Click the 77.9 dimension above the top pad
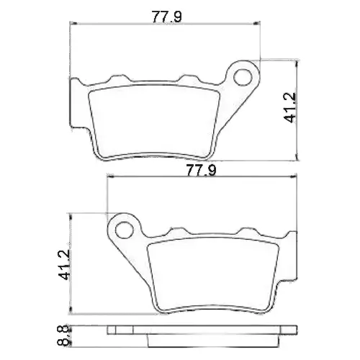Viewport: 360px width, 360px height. pos(167,17)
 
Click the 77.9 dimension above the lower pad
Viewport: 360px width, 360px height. pos(201,170)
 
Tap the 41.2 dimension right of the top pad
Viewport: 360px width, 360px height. pos(290,108)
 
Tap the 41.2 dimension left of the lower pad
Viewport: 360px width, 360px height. pos(64,264)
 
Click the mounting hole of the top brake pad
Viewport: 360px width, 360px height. pos(243,77)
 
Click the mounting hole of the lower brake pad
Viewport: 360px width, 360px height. pos(124,230)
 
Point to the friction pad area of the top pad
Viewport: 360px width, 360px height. pos(154,122)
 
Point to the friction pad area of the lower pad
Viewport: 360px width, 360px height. pos(213,275)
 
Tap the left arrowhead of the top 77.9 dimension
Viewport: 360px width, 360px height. pos(73,24)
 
